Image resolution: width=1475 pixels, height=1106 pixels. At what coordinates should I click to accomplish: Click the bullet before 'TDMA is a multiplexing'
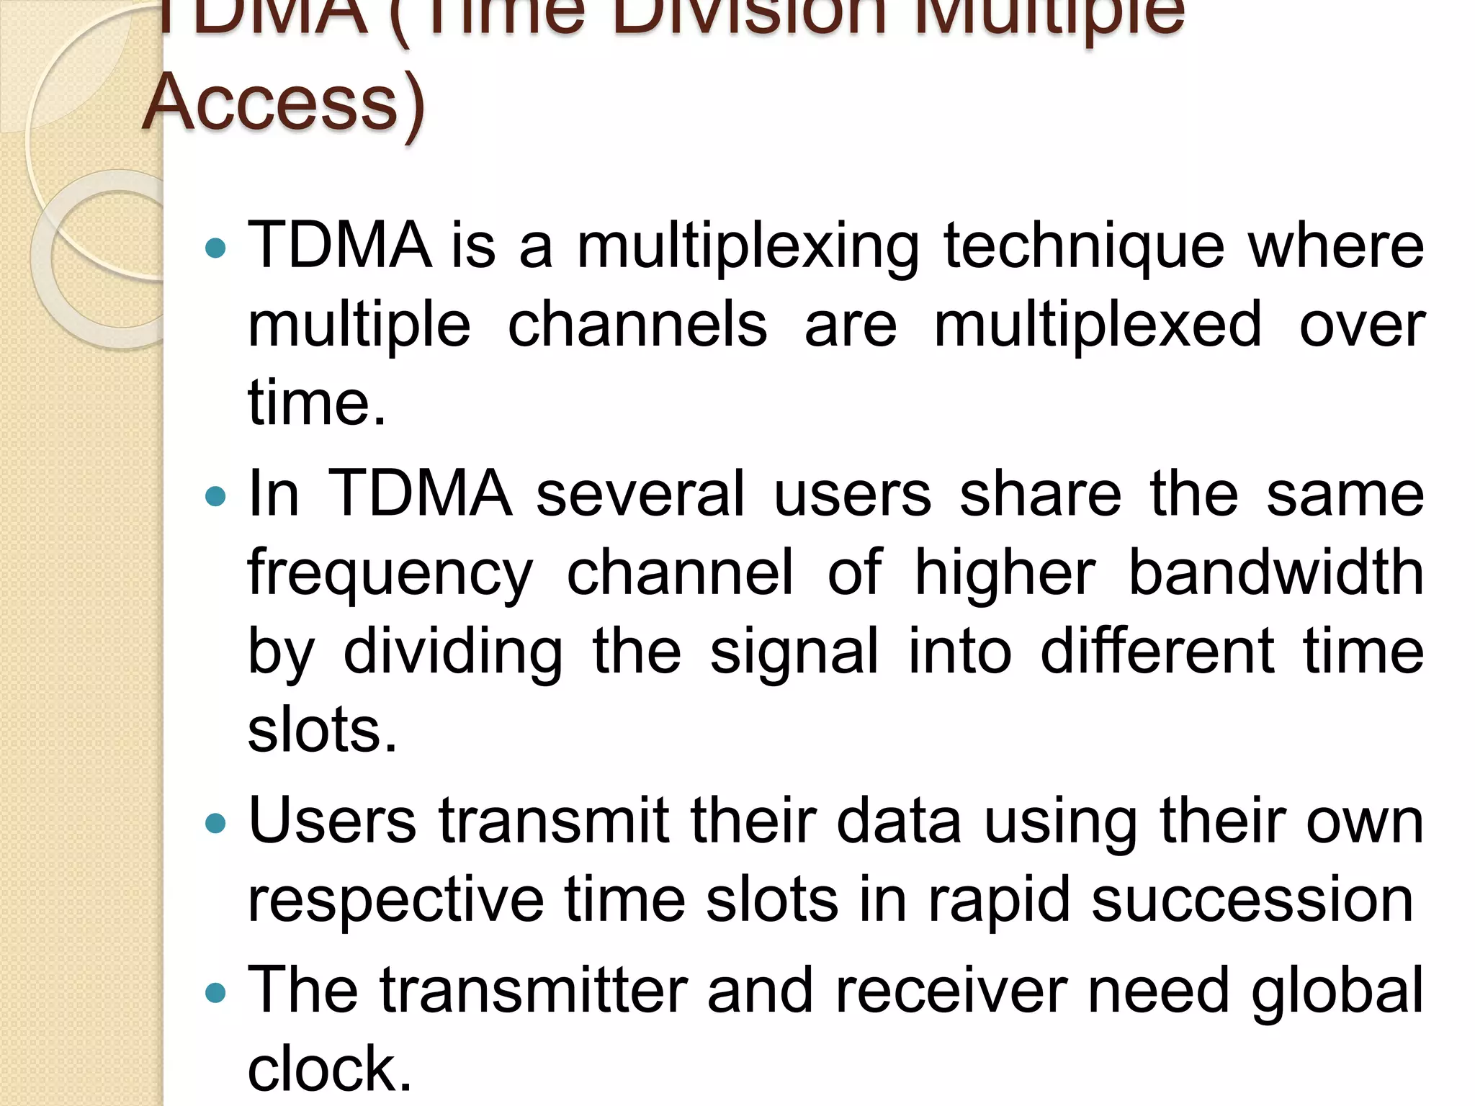[x=215, y=249]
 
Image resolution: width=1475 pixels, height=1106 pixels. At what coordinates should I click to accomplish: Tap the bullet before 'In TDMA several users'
[x=215, y=496]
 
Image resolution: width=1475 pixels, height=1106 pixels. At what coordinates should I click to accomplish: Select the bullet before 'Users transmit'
[x=215, y=823]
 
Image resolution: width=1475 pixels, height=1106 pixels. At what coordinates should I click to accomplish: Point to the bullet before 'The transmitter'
[x=215, y=994]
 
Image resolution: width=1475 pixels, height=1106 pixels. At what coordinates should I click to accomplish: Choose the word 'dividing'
[x=453, y=652]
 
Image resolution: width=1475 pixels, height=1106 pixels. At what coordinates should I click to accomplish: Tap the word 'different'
[x=1157, y=651]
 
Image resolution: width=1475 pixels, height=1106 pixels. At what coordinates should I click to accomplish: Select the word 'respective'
[x=395, y=901]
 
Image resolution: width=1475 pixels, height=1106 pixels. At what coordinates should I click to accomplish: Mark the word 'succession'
[x=1252, y=901]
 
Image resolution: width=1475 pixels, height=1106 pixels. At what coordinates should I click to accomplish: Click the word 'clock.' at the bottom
[x=329, y=1069]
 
